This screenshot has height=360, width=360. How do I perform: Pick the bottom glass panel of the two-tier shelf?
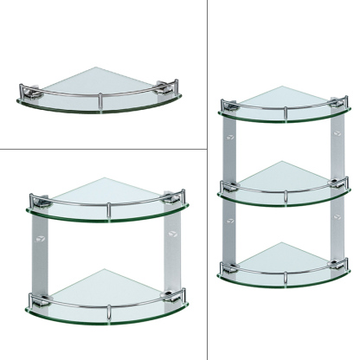pos(105,286)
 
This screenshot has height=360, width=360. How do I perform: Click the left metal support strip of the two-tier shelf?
pos(38,251)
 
